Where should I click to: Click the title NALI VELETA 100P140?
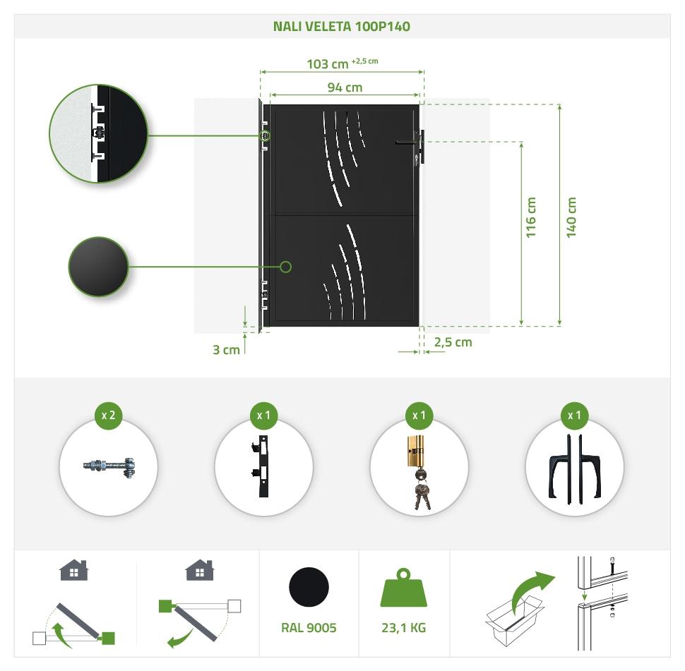(342, 27)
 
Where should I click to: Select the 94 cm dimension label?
(345, 87)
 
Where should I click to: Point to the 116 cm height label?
(531, 217)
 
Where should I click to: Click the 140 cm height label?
(571, 217)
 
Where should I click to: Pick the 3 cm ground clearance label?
(226, 350)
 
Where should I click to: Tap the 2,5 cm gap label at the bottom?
(453, 342)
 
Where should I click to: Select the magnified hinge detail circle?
(99, 133)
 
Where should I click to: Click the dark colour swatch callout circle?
(98, 267)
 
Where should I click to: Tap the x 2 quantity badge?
(108, 415)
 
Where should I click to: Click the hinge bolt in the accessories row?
(109, 466)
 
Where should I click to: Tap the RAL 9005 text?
(309, 628)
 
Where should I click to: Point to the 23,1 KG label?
(404, 628)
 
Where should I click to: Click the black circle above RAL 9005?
(309, 587)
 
